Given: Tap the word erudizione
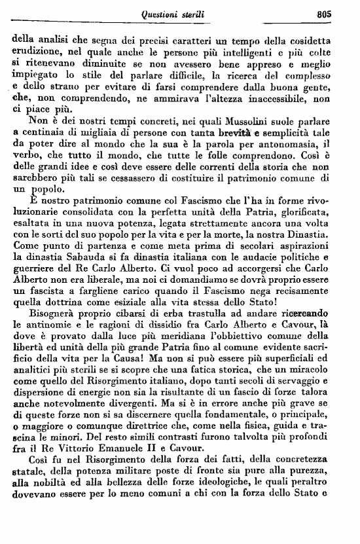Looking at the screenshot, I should coord(37,51).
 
